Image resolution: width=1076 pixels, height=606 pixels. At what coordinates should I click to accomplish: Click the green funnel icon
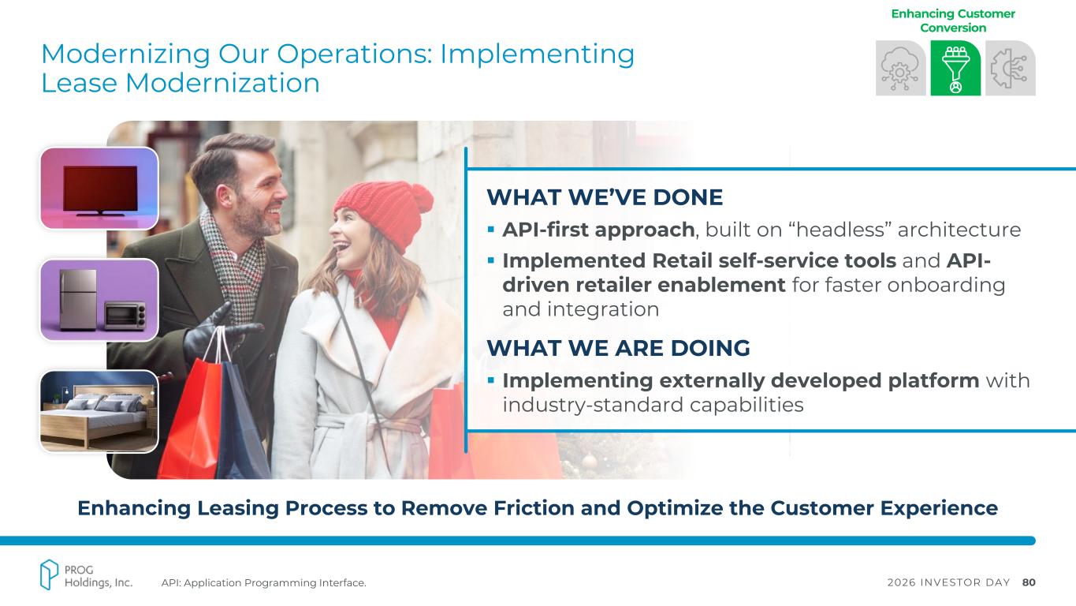(955, 68)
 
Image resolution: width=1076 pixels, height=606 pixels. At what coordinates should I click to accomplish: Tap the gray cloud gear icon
(900, 68)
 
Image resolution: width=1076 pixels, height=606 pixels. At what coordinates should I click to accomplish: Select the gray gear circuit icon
(1011, 68)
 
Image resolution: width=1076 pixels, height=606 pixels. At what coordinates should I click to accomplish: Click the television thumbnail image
(99, 188)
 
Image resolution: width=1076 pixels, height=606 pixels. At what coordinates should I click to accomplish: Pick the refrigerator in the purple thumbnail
(78, 299)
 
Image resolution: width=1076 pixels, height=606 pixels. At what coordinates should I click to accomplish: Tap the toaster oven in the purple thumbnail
(125, 316)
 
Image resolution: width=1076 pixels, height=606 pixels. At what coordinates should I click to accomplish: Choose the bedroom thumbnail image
(99, 411)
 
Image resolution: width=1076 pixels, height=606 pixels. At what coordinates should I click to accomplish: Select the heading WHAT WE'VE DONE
(605, 197)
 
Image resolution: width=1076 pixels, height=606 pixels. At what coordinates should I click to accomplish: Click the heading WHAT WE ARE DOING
(618, 348)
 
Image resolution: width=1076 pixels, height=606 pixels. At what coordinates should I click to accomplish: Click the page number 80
(1029, 582)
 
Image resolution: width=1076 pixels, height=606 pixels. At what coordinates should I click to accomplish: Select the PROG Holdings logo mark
(49, 574)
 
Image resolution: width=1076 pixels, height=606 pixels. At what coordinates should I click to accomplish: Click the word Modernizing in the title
(126, 54)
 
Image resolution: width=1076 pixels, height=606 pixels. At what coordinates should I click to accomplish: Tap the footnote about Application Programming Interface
(264, 583)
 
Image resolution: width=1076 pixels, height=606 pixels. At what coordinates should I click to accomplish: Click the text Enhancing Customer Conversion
(953, 21)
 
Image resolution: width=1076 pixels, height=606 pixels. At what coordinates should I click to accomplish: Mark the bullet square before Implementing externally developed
(490, 380)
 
